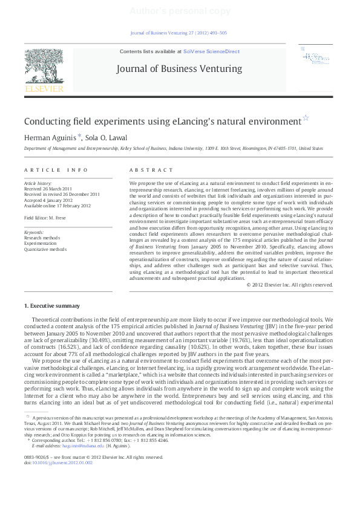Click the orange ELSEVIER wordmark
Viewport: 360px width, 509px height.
tap(44, 89)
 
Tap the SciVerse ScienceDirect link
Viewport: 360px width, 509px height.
tap(215, 52)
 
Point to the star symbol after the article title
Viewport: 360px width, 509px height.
tap(306, 118)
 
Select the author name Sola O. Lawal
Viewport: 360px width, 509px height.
tap(110, 138)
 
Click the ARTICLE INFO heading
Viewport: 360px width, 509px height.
tap(56, 170)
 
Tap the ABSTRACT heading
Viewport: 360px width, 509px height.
tap(151, 170)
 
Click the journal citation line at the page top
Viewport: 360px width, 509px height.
tap(179, 34)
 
